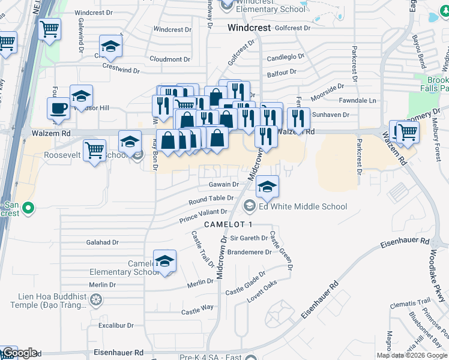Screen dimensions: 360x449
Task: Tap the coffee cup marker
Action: (58, 109)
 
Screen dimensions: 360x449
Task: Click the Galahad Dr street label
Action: (103, 242)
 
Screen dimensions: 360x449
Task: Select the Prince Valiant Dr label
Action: (203, 216)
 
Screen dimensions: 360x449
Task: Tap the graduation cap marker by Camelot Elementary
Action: (164, 260)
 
